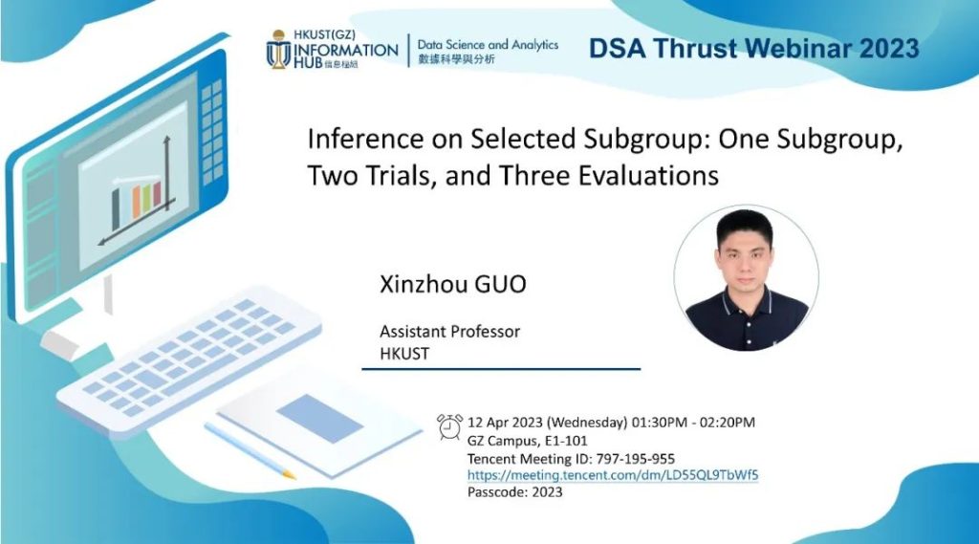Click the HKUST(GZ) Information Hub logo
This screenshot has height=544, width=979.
[x=332, y=49]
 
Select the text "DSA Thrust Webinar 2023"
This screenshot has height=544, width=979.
[x=753, y=48]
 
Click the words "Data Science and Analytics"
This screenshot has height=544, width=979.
[x=488, y=45]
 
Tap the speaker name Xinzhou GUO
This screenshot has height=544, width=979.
[x=452, y=284]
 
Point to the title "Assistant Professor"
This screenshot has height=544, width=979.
[x=449, y=331]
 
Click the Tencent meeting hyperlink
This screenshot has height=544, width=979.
[x=613, y=474]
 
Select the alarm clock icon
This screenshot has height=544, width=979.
[x=449, y=426]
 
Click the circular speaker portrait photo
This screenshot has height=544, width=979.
[x=746, y=278]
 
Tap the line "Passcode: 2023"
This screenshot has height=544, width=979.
[x=514, y=492]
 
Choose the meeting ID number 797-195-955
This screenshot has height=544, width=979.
[x=635, y=459]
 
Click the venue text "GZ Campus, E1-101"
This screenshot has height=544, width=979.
[x=527, y=441]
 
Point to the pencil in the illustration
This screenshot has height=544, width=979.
[x=250, y=450]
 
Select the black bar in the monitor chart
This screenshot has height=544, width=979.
[x=116, y=208]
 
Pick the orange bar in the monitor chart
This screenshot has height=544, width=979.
[x=136, y=201]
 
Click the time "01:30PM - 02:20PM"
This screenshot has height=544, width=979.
[x=693, y=423]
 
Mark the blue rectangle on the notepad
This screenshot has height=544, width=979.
[x=319, y=418]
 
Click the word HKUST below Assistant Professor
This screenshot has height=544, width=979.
[x=404, y=354]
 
